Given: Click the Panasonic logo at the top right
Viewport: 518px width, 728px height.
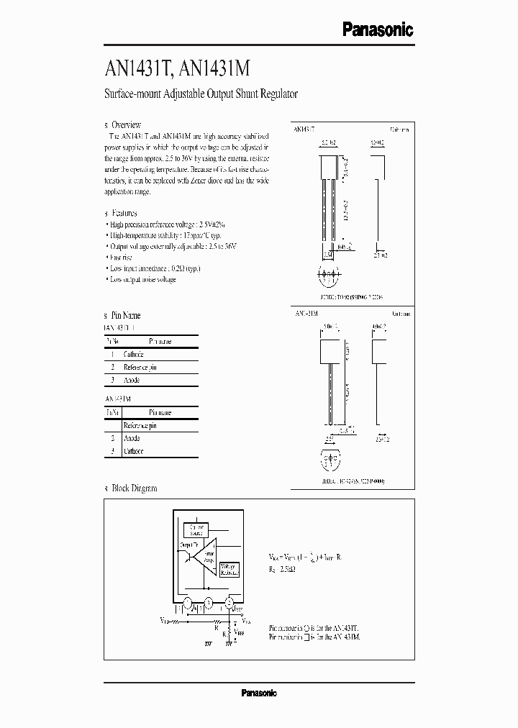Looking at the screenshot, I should [376, 29].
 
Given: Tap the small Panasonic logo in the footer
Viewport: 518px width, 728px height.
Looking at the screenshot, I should [258, 693].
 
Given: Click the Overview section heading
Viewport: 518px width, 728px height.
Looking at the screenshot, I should [126, 124].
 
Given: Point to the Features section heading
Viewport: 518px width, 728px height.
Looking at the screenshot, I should [124, 213].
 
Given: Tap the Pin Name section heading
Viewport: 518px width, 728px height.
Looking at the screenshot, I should [126, 315].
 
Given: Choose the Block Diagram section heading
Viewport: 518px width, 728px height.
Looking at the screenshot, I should [134, 488].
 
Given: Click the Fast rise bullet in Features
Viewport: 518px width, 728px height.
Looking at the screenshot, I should [122, 257].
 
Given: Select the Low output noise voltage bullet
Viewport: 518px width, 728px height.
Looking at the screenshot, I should [143, 279].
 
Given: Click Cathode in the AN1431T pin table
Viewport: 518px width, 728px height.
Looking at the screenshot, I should [133, 355].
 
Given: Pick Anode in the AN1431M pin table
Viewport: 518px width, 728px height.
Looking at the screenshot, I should [132, 438].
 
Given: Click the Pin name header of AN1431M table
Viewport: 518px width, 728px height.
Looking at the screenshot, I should [160, 413].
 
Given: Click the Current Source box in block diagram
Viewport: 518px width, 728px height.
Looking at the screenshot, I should [196, 531].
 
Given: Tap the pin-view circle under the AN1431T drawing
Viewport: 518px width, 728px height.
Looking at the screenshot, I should [329, 274].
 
